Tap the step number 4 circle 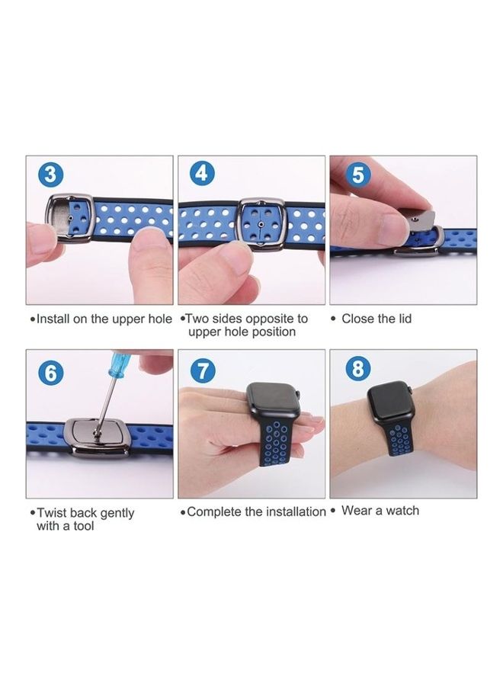(x=202, y=175)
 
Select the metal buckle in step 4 (x=261, y=224)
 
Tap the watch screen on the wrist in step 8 (x=391, y=404)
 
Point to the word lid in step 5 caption (x=403, y=319)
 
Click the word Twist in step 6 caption (x=53, y=513)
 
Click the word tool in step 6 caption (x=81, y=526)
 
